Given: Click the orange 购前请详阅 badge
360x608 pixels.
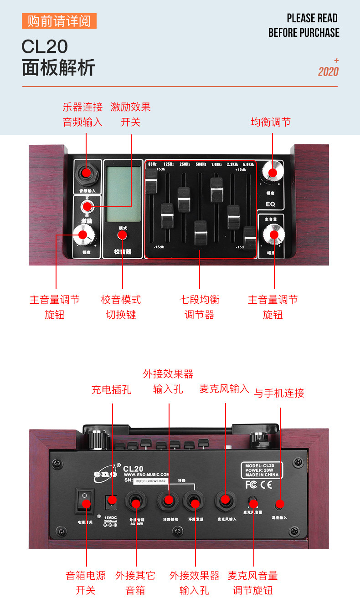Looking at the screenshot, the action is (59, 21).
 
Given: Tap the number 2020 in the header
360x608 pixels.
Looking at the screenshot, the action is (328, 72).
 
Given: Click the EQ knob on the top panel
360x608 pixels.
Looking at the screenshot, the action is (273, 173).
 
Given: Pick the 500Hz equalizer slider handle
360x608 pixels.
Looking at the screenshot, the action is (201, 233).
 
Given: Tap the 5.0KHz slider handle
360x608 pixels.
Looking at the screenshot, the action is (249, 238).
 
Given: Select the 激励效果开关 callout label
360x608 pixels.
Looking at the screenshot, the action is (131, 114).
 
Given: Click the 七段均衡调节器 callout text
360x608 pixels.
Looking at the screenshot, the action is (200, 307).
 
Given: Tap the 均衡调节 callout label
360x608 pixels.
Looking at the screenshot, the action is (271, 122).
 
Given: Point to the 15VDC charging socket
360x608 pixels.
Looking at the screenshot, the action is (111, 501).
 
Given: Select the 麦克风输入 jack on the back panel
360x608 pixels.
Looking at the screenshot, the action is (225, 500).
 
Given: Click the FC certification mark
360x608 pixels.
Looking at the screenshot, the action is (251, 485).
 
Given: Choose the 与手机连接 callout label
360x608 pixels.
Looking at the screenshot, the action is (279, 393).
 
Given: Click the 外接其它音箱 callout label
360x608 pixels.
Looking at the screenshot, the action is (135, 583).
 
